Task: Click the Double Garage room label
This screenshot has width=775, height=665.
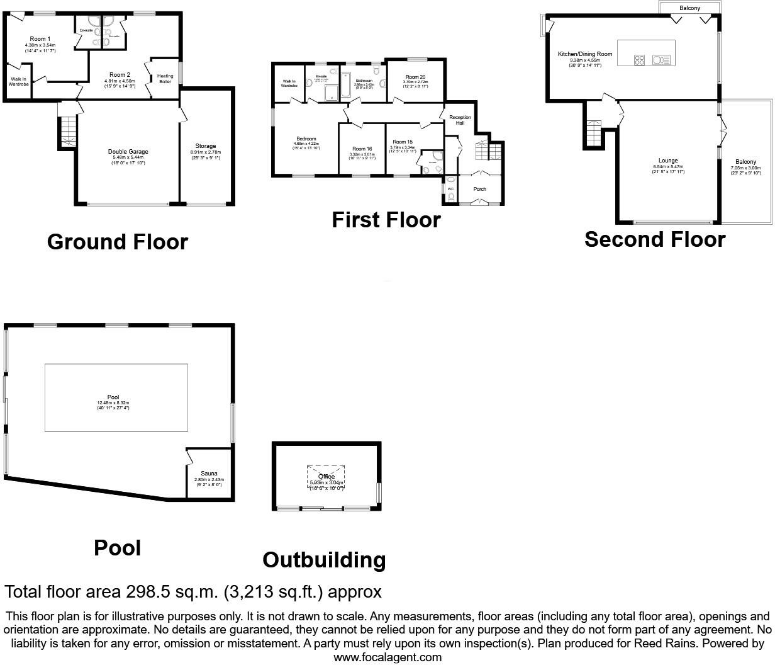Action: coord(128,152)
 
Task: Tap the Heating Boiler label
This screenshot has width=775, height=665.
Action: coord(165,79)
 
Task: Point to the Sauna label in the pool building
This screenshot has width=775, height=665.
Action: coord(209,474)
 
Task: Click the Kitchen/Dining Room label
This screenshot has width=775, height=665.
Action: coord(585,55)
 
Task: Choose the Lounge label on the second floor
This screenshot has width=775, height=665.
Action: coord(667,161)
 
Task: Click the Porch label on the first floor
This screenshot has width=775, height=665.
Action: coord(480,189)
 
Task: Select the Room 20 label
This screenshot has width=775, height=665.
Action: coord(415,77)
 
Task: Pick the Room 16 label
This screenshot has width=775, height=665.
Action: coord(362,149)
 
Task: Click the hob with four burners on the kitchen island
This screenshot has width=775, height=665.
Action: coord(639,60)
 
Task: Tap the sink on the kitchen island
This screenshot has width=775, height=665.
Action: coord(662,60)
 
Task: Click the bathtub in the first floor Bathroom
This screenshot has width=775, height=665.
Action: coord(345,86)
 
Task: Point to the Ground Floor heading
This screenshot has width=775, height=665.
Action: coord(118,242)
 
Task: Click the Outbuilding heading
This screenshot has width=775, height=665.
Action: coord(324,560)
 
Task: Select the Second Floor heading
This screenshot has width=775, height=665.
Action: coord(655,239)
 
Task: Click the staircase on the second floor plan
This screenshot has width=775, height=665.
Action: coord(593,133)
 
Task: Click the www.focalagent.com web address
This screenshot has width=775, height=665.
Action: coord(387,657)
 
